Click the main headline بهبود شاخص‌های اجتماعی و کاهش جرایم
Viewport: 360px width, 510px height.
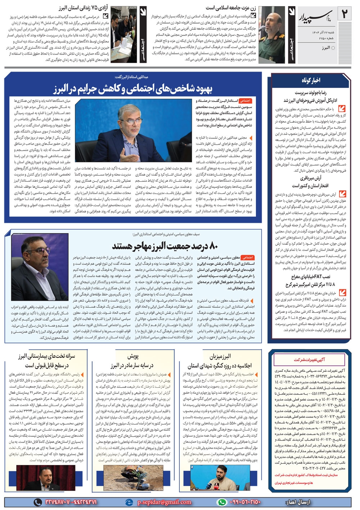click(133, 88)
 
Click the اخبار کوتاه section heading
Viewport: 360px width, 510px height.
click(311, 80)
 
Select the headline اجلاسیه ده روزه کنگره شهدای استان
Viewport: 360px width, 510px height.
click(220, 365)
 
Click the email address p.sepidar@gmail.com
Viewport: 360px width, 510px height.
click(164, 502)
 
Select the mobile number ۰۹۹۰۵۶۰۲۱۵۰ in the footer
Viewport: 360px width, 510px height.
click(245, 502)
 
